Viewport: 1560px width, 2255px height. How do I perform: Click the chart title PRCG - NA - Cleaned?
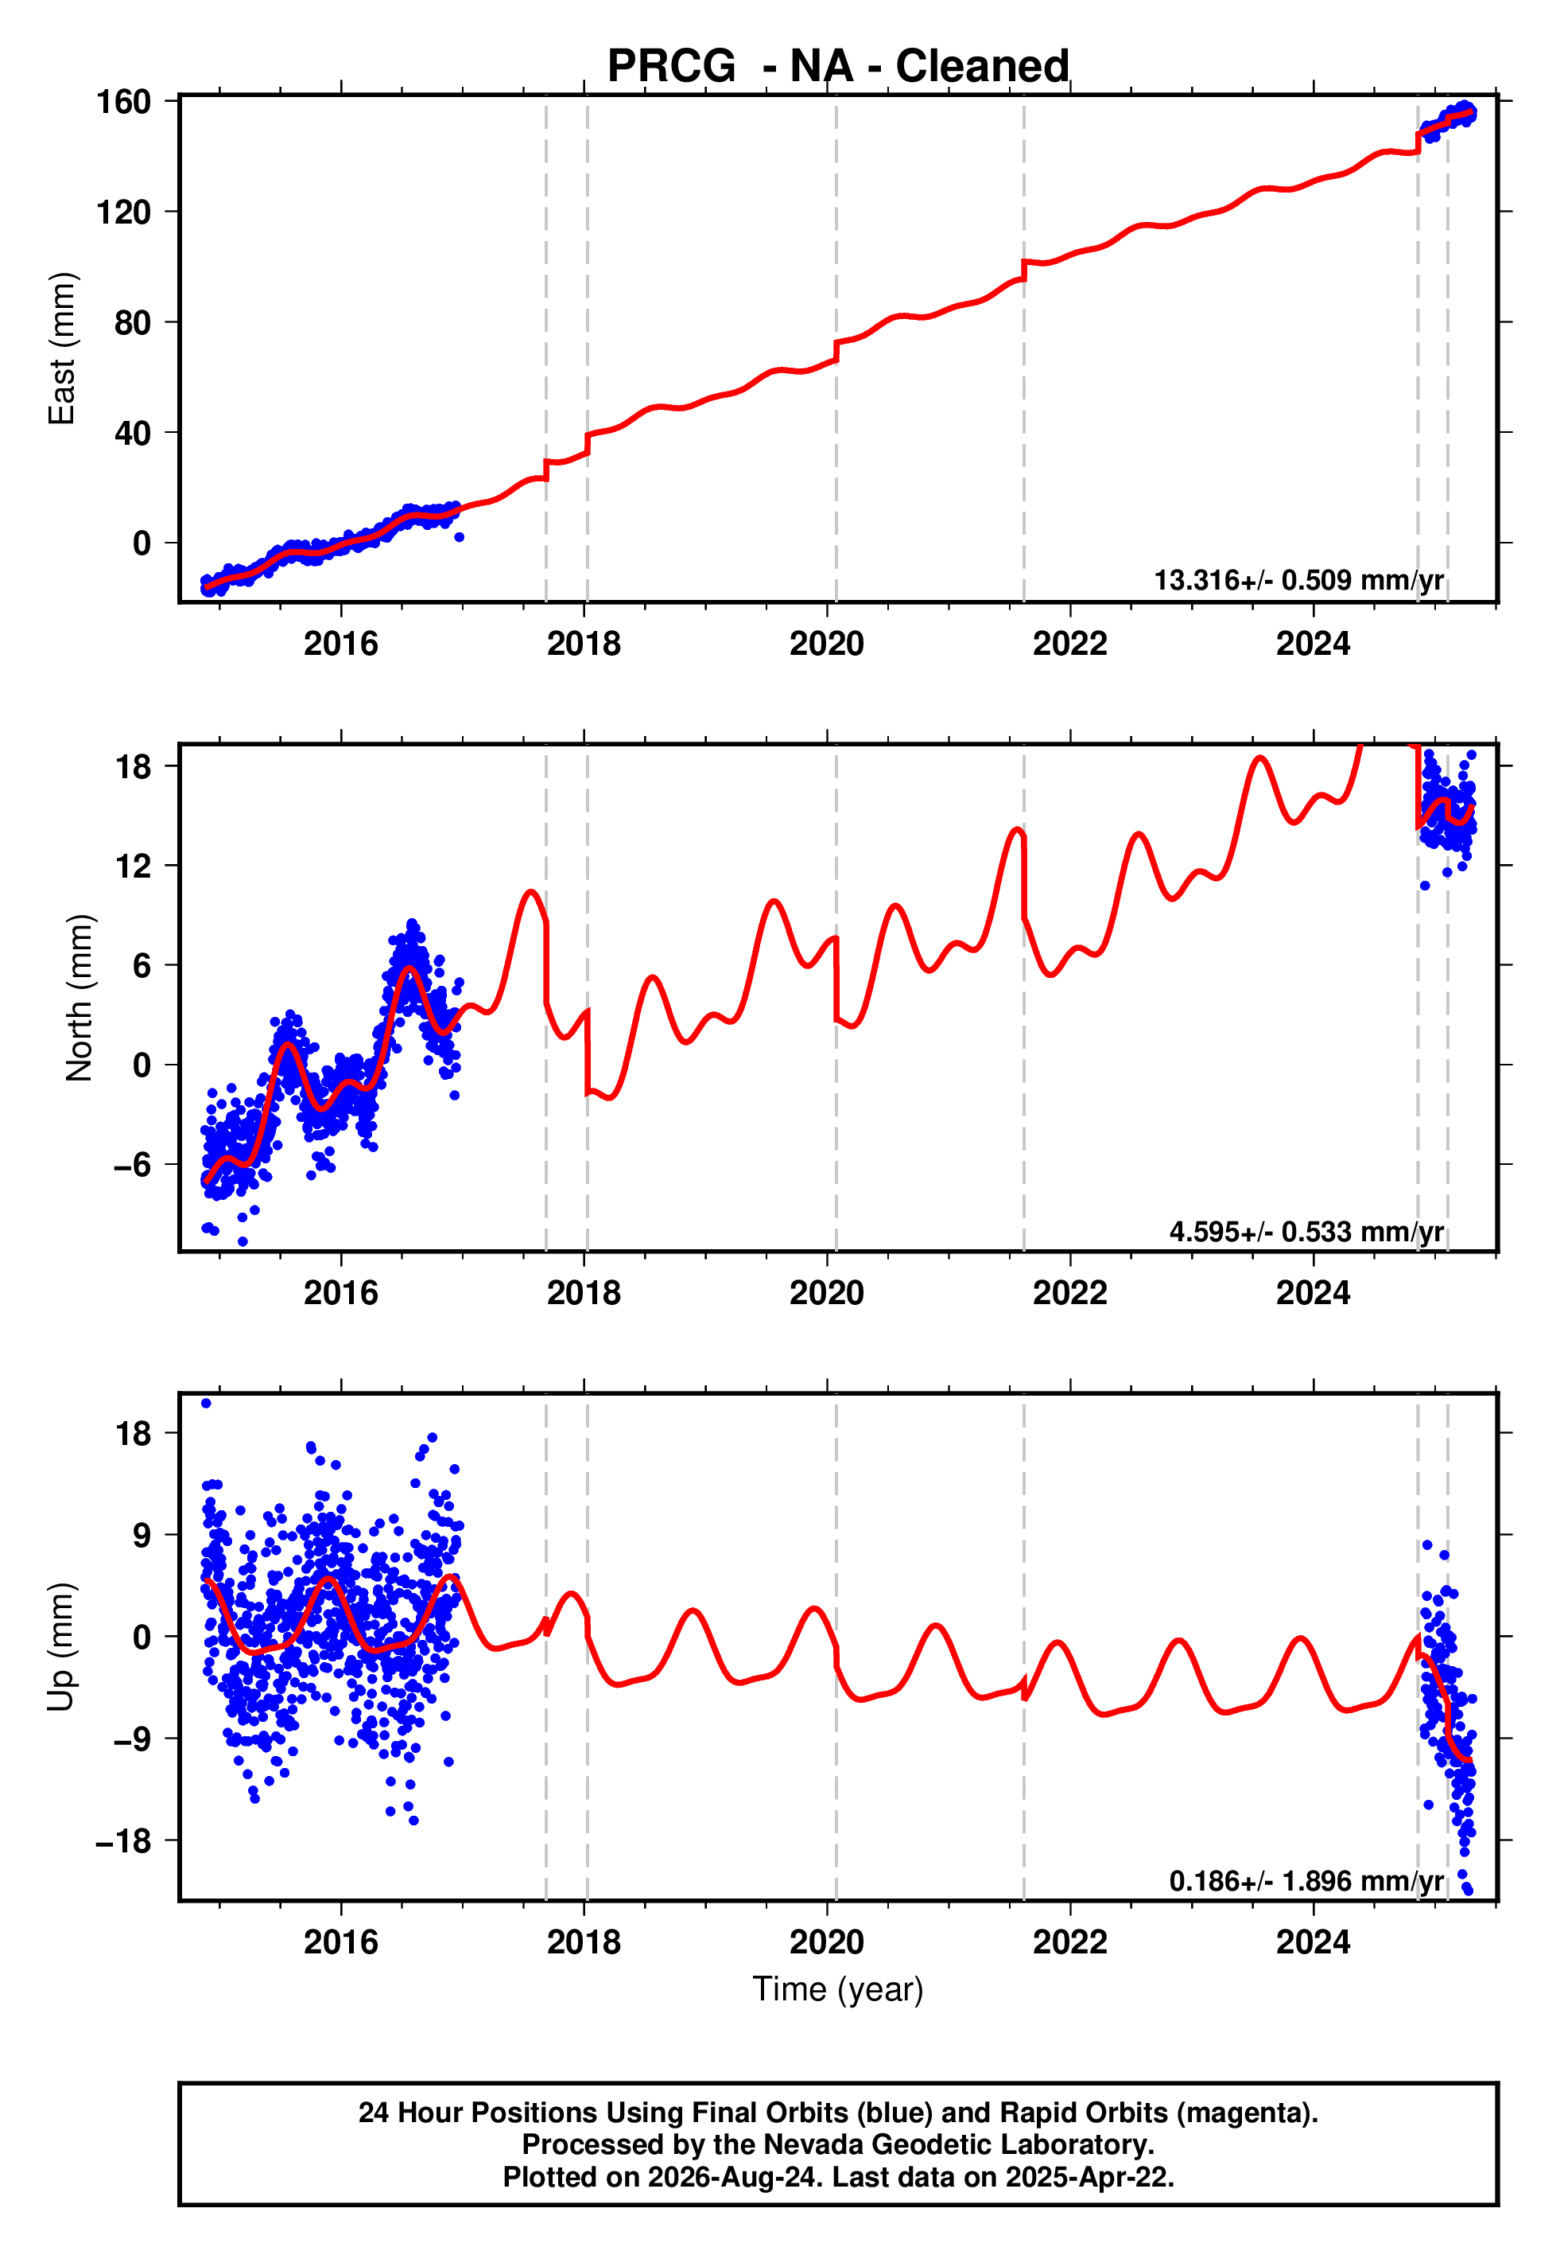click(838, 67)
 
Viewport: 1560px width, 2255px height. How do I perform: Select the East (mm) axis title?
click(61, 349)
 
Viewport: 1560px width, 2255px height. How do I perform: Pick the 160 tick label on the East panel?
click(123, 102)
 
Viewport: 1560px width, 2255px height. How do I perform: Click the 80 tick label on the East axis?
click(133, 323)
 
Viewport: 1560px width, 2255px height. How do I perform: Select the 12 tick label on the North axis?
click(133, 866)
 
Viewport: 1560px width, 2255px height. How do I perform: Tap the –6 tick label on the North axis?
click(132, 1165)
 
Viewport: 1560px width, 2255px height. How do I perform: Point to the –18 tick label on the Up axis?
click(123, 1841)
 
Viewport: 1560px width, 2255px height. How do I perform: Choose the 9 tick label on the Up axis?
click(142, 1535)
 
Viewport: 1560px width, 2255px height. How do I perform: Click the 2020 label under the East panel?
click(827, 644)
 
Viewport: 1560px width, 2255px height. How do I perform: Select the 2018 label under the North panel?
click(584, 1293)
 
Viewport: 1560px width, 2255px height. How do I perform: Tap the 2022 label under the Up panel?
click(1070, 1942)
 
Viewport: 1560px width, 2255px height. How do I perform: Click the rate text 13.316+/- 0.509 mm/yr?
click(1299, 580)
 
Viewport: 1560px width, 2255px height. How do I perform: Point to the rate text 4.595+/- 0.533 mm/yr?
click(1307, 1231)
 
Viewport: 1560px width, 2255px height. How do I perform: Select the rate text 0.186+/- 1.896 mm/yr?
click(1307, 1880)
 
